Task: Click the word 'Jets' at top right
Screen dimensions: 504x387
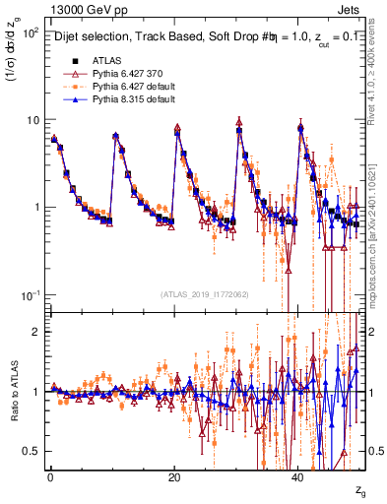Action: click(351, 9)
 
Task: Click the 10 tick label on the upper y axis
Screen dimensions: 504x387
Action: click(32, 120)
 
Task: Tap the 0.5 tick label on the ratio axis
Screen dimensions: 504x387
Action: click(32, 451)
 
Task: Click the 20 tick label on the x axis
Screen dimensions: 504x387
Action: click(174, 477)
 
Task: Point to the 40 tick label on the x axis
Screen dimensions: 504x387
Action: click(299, 477)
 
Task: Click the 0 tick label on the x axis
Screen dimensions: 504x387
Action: click(49, 477)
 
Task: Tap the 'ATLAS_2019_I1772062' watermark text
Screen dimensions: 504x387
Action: click(204, 293)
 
